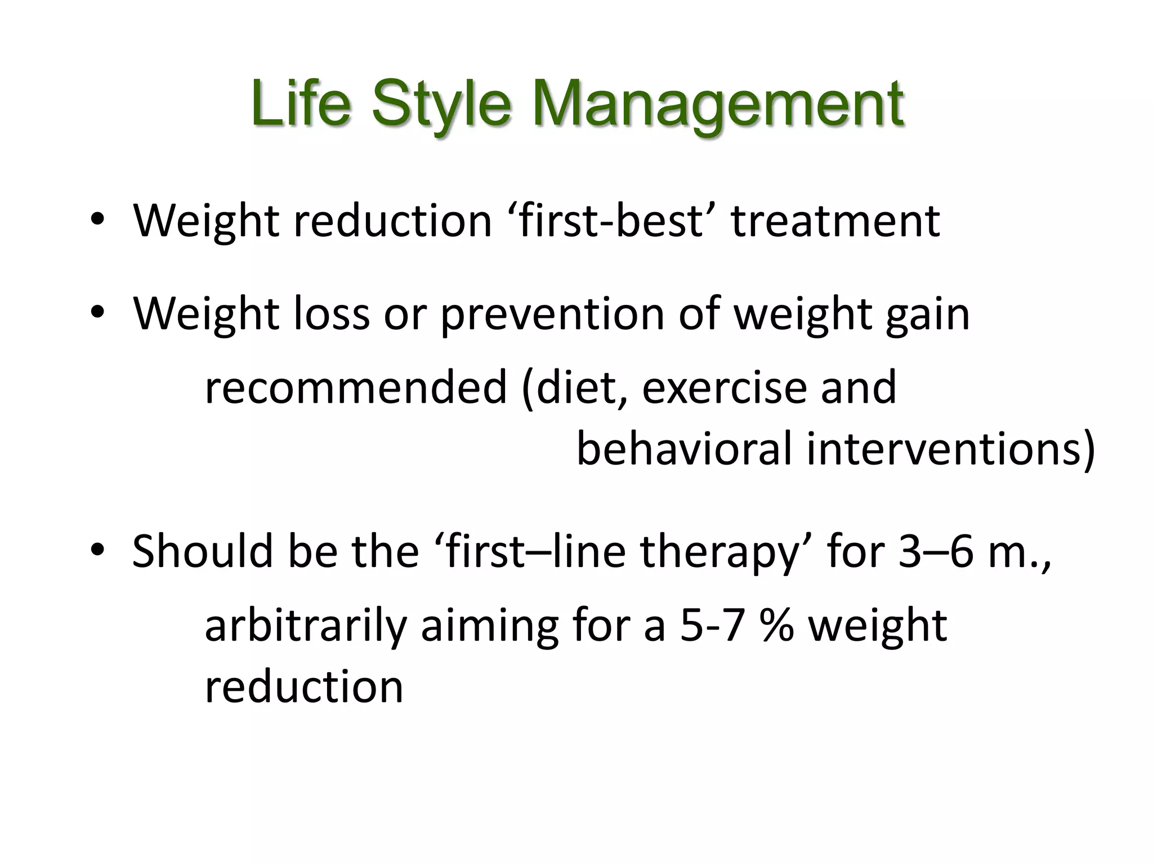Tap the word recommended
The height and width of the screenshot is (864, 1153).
(x=356, y=388)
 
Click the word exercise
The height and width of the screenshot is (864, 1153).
(x=724, y=388)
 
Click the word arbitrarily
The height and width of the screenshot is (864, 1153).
(x=305, y=626)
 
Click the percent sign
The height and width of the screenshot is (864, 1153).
(x=776, y=626)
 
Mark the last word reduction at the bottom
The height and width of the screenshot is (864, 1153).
(x=304, y=687)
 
